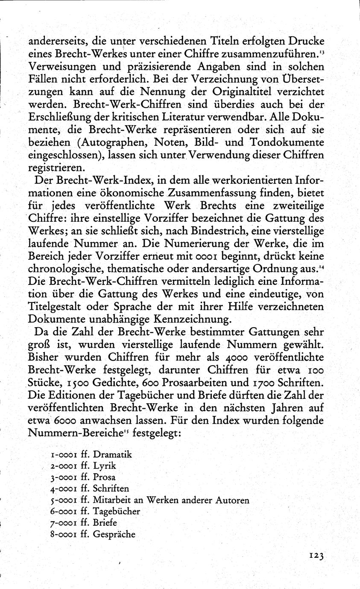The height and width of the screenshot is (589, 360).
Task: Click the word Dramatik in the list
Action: pyautogui.click(x=112, y=454)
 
